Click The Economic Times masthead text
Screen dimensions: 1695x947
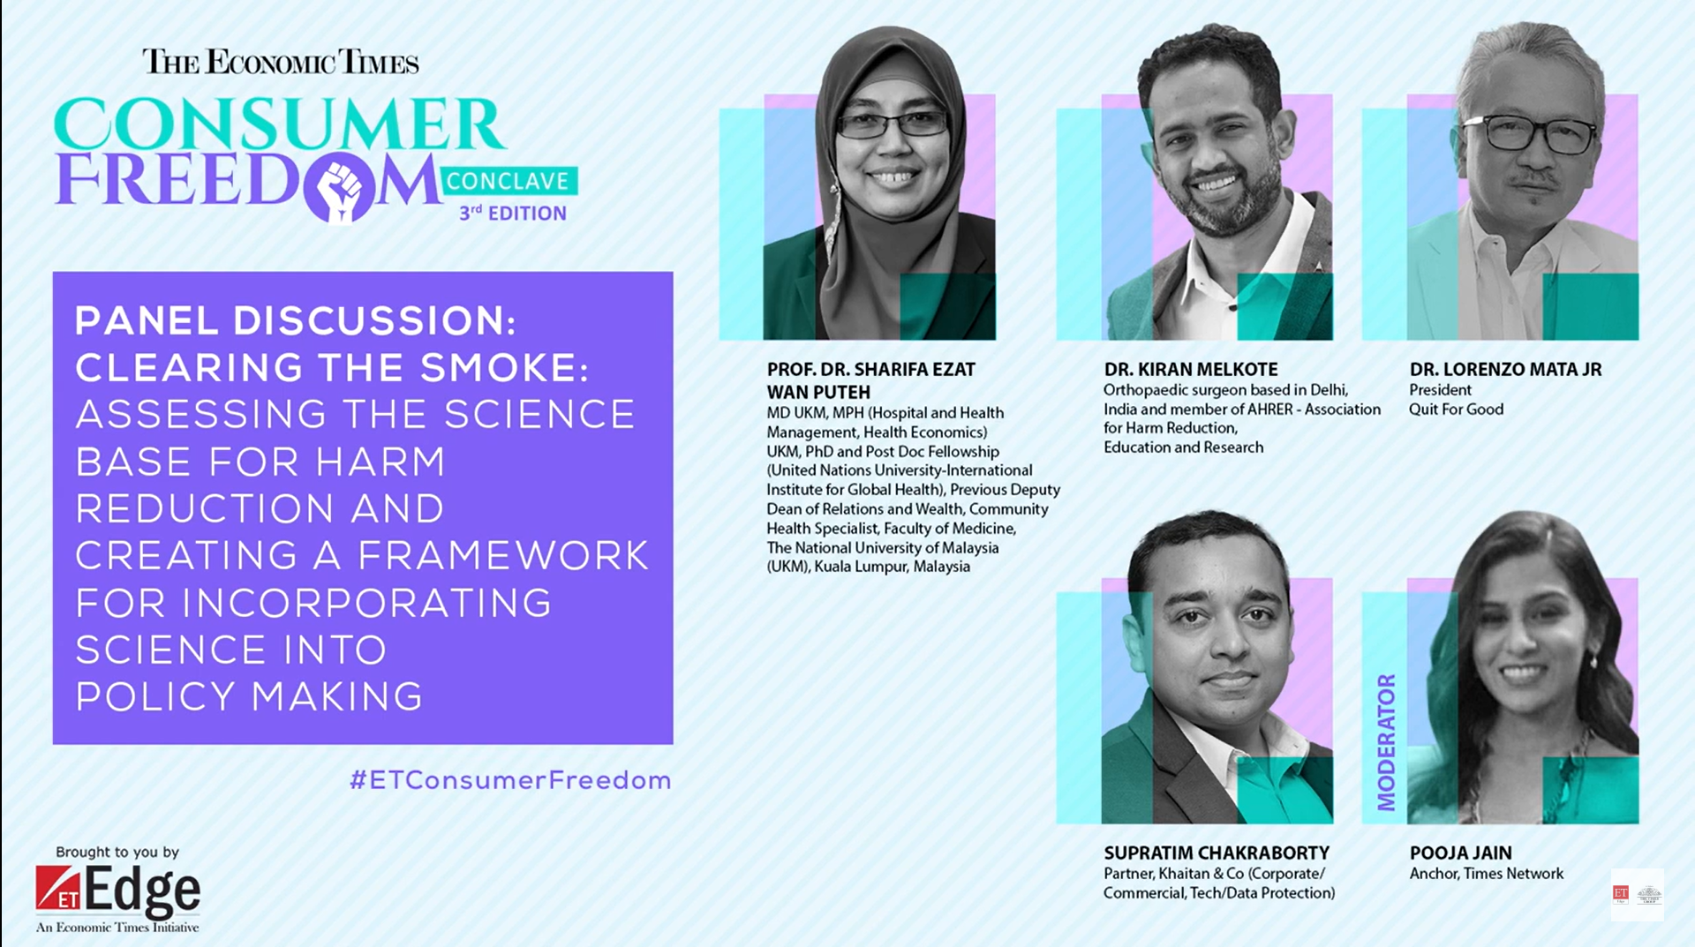click(281, 62)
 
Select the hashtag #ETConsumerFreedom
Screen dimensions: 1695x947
click(510, 780)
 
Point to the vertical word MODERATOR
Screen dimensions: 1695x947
click(1386, 742)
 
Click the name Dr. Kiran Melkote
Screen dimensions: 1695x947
click(1191, 369)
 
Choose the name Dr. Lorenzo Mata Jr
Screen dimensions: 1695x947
click(1505, 369)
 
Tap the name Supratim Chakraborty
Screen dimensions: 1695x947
click(1217, 853)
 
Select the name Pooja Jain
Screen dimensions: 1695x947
click(1460, 853)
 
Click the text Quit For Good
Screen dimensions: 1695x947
click(1456, 409)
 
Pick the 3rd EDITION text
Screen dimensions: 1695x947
click(512, 213)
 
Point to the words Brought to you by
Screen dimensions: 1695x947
click(117, 852)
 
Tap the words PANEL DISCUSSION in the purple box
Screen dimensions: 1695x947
click(295, 320)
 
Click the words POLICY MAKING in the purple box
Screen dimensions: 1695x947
click(249, 696)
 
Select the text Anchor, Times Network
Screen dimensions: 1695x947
click(1486, 873)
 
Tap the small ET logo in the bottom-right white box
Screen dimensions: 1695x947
click(1621, 894)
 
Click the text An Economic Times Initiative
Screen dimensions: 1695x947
click(117, 927)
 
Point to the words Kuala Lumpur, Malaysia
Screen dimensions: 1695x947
click(892, 567)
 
